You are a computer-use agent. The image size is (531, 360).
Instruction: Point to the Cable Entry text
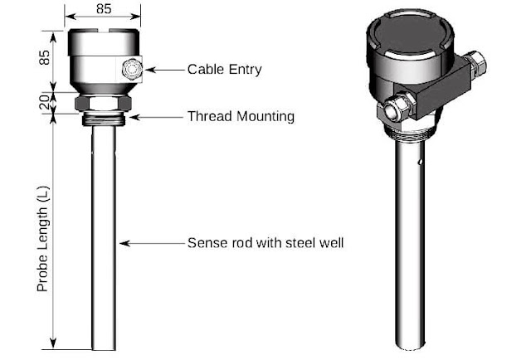(224, 70)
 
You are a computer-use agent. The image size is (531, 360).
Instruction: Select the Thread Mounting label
(241, 116)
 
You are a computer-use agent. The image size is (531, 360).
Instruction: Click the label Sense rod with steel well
(265, 243)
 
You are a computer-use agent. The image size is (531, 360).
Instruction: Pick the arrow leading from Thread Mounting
(158, 116)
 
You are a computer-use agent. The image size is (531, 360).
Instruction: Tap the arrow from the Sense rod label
(153, 243)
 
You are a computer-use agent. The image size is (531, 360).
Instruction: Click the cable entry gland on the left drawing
(131, 70)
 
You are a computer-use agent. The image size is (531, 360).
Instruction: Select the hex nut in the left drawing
(103, 102)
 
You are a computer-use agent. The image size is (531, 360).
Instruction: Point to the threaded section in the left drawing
(103, 118)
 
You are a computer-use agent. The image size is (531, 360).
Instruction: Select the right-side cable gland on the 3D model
(476, 62)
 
